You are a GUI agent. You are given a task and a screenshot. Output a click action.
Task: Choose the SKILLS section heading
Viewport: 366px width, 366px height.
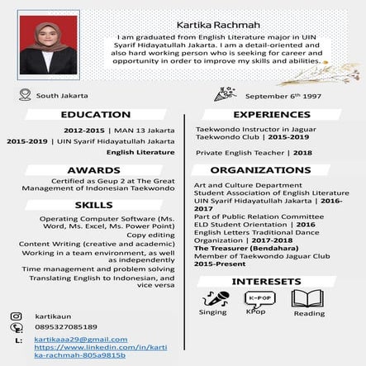click(x=93, y=204)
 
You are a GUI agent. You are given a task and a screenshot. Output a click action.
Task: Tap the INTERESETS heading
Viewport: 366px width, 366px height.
click(x=266, y=282)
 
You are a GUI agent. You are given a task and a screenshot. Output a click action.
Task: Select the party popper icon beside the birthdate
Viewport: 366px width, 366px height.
click(x=221, y=95)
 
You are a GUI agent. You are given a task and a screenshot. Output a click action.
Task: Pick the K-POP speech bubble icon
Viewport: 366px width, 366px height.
click(x=259, y=297)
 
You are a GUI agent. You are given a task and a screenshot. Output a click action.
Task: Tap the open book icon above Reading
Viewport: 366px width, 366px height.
click(x=306, y=297)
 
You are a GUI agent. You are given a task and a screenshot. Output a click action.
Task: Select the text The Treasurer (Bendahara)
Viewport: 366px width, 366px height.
click(x=235, y=249)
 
